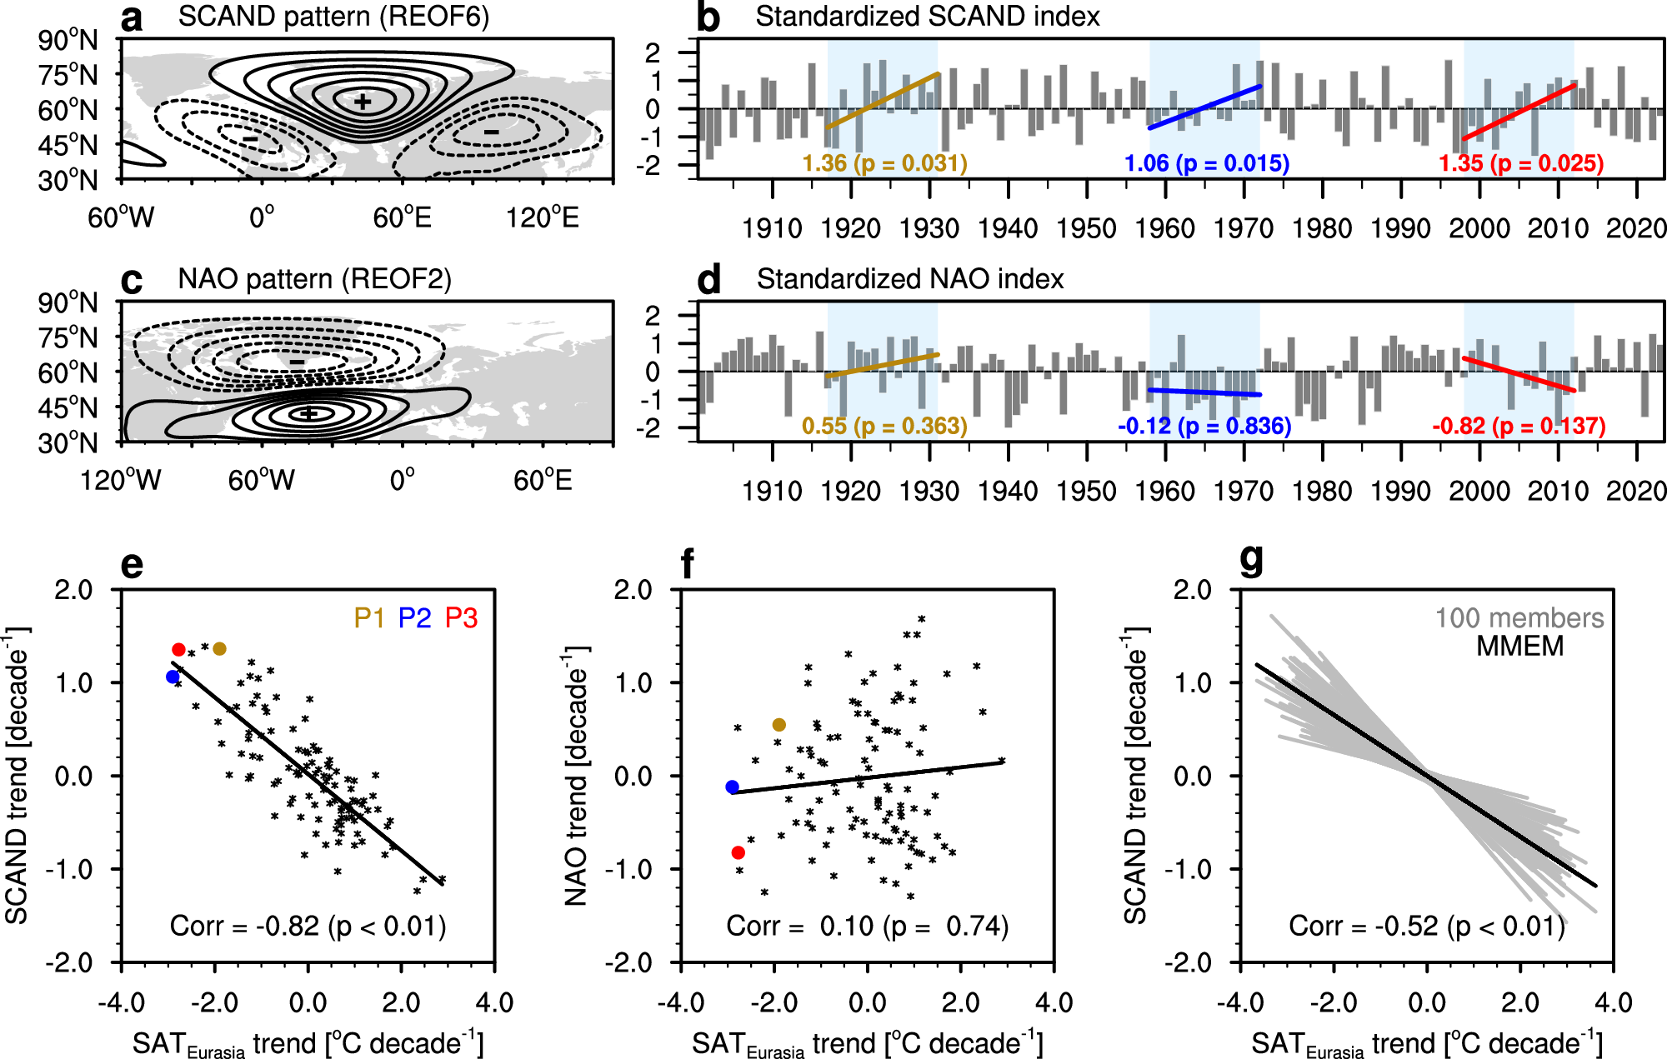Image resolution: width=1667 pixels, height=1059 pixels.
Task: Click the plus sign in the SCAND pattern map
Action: [x=362, y=102]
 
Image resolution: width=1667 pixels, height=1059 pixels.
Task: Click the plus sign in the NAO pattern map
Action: [x=309, y=413]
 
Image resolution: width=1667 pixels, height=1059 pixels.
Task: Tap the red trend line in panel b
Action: [x=1519, y=112]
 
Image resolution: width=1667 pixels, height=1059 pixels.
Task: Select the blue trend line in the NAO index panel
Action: [x=1204, y=392]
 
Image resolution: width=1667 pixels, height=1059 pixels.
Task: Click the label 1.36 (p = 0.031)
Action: [x=884, y=163]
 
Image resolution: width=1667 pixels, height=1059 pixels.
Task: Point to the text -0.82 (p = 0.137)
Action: [x=1519, y=427]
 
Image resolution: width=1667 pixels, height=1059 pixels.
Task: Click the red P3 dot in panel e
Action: [x=178, y=650]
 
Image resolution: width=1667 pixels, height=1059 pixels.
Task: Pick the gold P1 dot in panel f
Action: [x=779, y=725]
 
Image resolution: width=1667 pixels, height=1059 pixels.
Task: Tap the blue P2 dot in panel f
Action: [x=733, y=787]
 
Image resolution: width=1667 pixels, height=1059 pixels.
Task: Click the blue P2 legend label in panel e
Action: [x=414, y=618]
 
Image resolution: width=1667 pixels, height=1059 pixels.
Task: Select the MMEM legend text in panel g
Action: [x=1519, y=647]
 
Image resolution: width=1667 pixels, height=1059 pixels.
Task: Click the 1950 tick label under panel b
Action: [x=1086, y=228]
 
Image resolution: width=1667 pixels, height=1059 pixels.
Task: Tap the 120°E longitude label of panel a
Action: [x=542, y=218]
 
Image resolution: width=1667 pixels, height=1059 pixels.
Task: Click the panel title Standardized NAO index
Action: [x=909, y=279]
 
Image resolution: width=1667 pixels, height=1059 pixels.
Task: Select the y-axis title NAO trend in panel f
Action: [x=577, y=775]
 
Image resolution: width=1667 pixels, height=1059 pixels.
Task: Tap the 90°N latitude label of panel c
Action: [x=68, y=302]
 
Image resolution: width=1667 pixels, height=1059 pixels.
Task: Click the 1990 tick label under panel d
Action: [x=1400, y=491]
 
